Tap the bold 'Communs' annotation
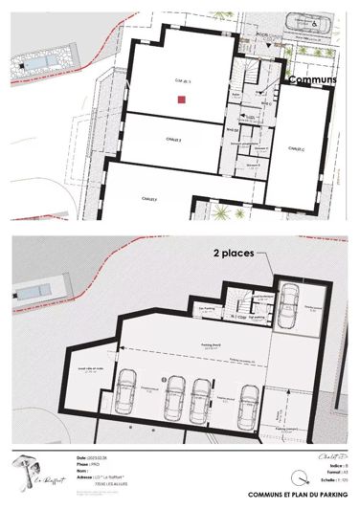click(x=312, y=81)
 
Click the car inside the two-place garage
click(x=287, y=305)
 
